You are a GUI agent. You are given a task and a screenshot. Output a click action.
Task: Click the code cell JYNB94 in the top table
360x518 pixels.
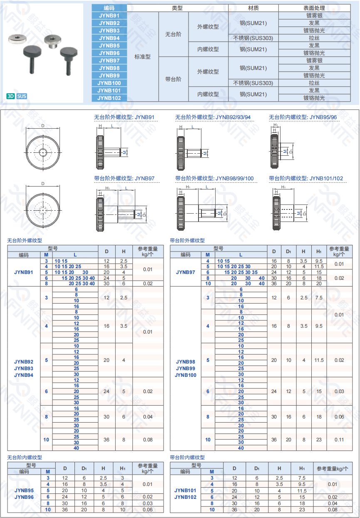coord(109,38)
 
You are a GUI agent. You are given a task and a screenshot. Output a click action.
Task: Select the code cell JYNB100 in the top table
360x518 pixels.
coord(109,83)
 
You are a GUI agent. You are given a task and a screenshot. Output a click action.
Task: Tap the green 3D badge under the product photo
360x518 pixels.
coord(11,96)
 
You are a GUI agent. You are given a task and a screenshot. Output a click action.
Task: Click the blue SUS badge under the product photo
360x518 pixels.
coord(22,96)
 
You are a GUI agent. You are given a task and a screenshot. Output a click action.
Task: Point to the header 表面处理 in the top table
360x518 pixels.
coord(314,8)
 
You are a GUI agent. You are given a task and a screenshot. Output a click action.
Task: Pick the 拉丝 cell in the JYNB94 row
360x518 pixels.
coord(314,38)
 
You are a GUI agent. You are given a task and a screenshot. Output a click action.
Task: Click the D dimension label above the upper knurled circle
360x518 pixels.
coord(43,125)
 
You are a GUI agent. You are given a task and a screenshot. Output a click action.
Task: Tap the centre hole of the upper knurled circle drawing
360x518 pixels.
coord(43,153)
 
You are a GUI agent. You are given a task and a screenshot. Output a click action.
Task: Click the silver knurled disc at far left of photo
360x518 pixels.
coord(18,39)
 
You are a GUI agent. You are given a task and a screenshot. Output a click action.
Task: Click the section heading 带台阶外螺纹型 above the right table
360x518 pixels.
coord(187,240)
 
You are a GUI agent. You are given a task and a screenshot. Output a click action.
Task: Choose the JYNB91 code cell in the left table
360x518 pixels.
coord(24,272)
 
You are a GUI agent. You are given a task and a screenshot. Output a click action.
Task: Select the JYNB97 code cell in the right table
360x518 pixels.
coord(185,272)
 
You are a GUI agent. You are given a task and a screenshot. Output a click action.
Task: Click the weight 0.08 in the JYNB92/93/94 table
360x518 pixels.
coord(148,440)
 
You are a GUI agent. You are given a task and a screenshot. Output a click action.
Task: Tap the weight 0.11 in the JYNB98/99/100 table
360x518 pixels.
coord(339,440)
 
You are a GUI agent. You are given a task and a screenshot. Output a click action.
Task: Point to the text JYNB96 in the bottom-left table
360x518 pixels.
coord(24,497)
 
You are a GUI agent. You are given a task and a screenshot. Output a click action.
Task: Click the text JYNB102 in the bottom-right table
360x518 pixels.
coord(185,497)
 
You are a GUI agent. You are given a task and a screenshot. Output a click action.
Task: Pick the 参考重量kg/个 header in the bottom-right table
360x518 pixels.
coord(333,468)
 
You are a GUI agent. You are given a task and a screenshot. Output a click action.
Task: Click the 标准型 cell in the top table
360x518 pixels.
coord(142,57)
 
